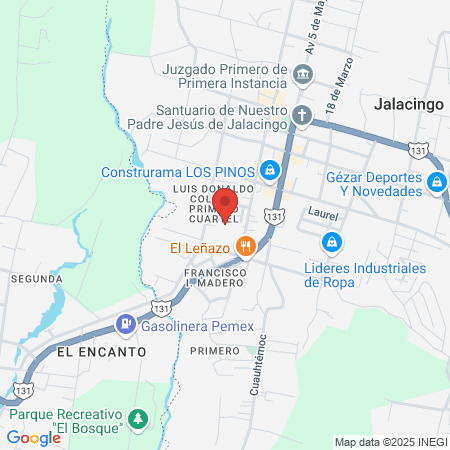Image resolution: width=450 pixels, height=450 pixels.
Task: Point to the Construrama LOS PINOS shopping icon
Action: [x=269, y=171]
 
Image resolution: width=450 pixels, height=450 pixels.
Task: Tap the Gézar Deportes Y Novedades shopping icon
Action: [x=436, y=183]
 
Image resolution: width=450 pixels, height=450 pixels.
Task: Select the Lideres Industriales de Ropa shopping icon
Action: [x=331, y=241]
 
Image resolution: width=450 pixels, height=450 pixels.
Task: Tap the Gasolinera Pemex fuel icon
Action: [x=126, y=323]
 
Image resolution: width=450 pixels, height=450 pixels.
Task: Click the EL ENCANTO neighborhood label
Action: [x=101, y=352]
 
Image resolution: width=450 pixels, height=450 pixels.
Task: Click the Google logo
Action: [x=33, y=437]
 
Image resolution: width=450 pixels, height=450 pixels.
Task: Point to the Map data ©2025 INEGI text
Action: [x=390, y=442]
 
